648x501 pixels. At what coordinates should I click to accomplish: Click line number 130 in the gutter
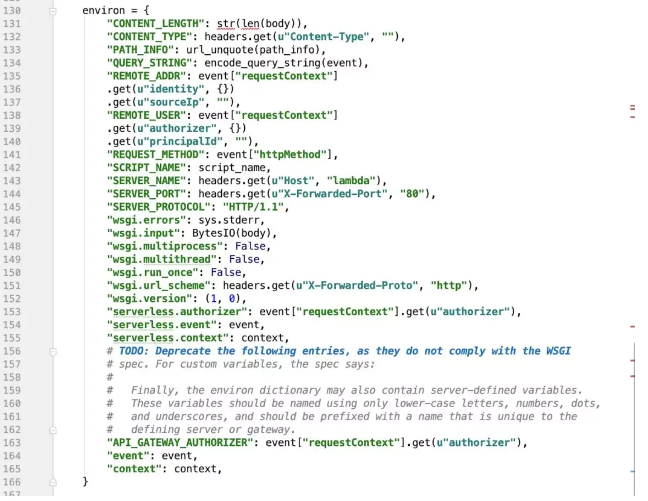point(12,11)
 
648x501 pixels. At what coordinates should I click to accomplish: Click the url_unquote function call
point(220,50)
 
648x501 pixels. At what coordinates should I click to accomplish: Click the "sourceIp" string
point(177,102)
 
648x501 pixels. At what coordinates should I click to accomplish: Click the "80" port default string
point(412,194)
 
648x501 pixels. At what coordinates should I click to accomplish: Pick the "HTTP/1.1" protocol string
point(254,207)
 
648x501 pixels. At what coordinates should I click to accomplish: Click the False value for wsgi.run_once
point(226,273)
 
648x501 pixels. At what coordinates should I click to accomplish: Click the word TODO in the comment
point(133,351)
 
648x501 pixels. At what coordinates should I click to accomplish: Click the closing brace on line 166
point(85,482)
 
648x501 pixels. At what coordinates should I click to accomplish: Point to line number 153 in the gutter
point(12,312)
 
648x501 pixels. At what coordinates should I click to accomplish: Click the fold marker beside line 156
point(53,352)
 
